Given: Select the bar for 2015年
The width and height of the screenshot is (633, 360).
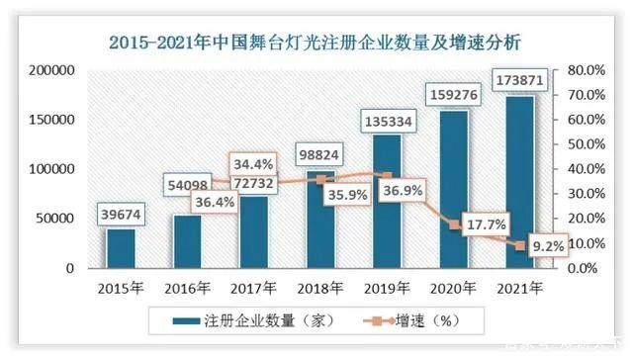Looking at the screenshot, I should (123, 247).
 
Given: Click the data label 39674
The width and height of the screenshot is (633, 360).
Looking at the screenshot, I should (123, 215).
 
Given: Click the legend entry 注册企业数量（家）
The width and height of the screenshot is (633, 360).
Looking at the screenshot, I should (256, 319).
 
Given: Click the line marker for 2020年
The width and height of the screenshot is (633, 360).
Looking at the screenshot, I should (453, 225).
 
